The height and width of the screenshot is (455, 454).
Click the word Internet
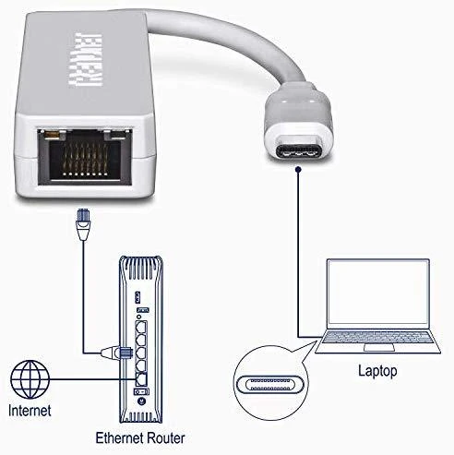[x=30, y=411]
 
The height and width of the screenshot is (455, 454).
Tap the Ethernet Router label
[x=140, y=438]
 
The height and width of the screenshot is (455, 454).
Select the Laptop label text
[x=377, y=371]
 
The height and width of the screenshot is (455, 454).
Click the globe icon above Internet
[x=30, y=379]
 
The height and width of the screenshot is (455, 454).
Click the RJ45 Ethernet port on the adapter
[x=85, y=157]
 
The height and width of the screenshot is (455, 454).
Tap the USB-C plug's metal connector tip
[x=299, y=151]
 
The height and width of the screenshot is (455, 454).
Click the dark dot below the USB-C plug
[x=298, y=169]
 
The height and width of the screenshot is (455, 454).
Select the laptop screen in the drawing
[x=378, y=293]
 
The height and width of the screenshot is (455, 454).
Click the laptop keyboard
[x=378, y=338]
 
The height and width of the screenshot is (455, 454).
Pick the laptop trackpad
[x=379, y=348]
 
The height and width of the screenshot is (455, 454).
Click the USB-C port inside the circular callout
[x=270, y=385]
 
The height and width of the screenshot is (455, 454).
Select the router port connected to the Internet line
[x=141, y=379]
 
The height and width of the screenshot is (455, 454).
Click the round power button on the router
[x=141, y=401]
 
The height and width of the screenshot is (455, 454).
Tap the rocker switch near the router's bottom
[x=141, y=391]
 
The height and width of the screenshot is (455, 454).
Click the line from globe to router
[x=92, y=379]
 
